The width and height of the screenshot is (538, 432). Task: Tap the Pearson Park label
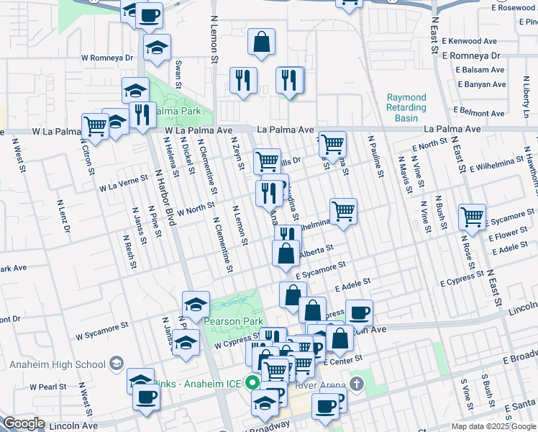[233, 321]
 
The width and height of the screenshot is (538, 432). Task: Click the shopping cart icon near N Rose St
[473, 215]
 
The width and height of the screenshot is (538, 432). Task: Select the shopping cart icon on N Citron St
[95, 127]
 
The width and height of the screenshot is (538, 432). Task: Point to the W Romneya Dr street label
[107, 57]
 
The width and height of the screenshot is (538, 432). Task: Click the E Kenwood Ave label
[471, 42]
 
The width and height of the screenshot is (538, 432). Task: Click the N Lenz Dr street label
[64, 215]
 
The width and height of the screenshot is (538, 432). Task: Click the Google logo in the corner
[24, 423]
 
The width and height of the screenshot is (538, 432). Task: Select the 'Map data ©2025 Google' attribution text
[493, 426]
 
